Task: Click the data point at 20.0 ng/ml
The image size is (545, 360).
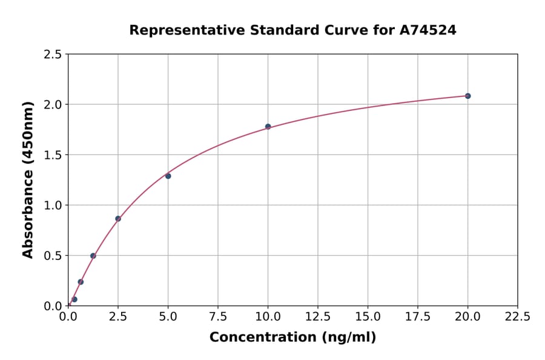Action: click(x=467, y=96)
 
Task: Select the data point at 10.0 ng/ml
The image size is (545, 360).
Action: click(x=268, y=127)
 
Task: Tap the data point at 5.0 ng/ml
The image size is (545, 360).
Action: click(x=168, y=176)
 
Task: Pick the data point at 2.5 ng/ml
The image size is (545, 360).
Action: click(x=118, y=219)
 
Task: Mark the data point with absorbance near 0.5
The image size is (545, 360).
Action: click(x=93, y=256)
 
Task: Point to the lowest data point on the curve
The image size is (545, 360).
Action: click(x=74, y=299)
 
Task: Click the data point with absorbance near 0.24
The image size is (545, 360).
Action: click(x=81, y=282)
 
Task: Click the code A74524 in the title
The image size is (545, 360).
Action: click(x=429, y=30)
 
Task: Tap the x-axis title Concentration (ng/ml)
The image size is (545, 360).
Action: click(x=292, y=338)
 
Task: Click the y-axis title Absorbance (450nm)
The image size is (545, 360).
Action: click(x=28, y=180)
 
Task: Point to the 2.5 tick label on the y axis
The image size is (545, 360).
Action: click(x=53, y=55)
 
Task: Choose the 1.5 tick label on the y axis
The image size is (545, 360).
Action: click(x=53, y=155)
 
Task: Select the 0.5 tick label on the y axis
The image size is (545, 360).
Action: click(x=53, y=256)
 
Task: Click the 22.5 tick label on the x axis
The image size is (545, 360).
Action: click(x=517, y=316)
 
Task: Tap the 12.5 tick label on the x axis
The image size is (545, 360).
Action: click(x=317, y=316)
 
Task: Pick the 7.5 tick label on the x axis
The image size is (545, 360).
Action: click(x=218, y=316)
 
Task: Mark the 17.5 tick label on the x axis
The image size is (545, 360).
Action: click(x=417, y=316)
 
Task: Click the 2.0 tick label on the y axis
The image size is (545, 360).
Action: click(x=53, y=105)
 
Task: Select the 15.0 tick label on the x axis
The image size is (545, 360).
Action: click(x=368, y=316)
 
